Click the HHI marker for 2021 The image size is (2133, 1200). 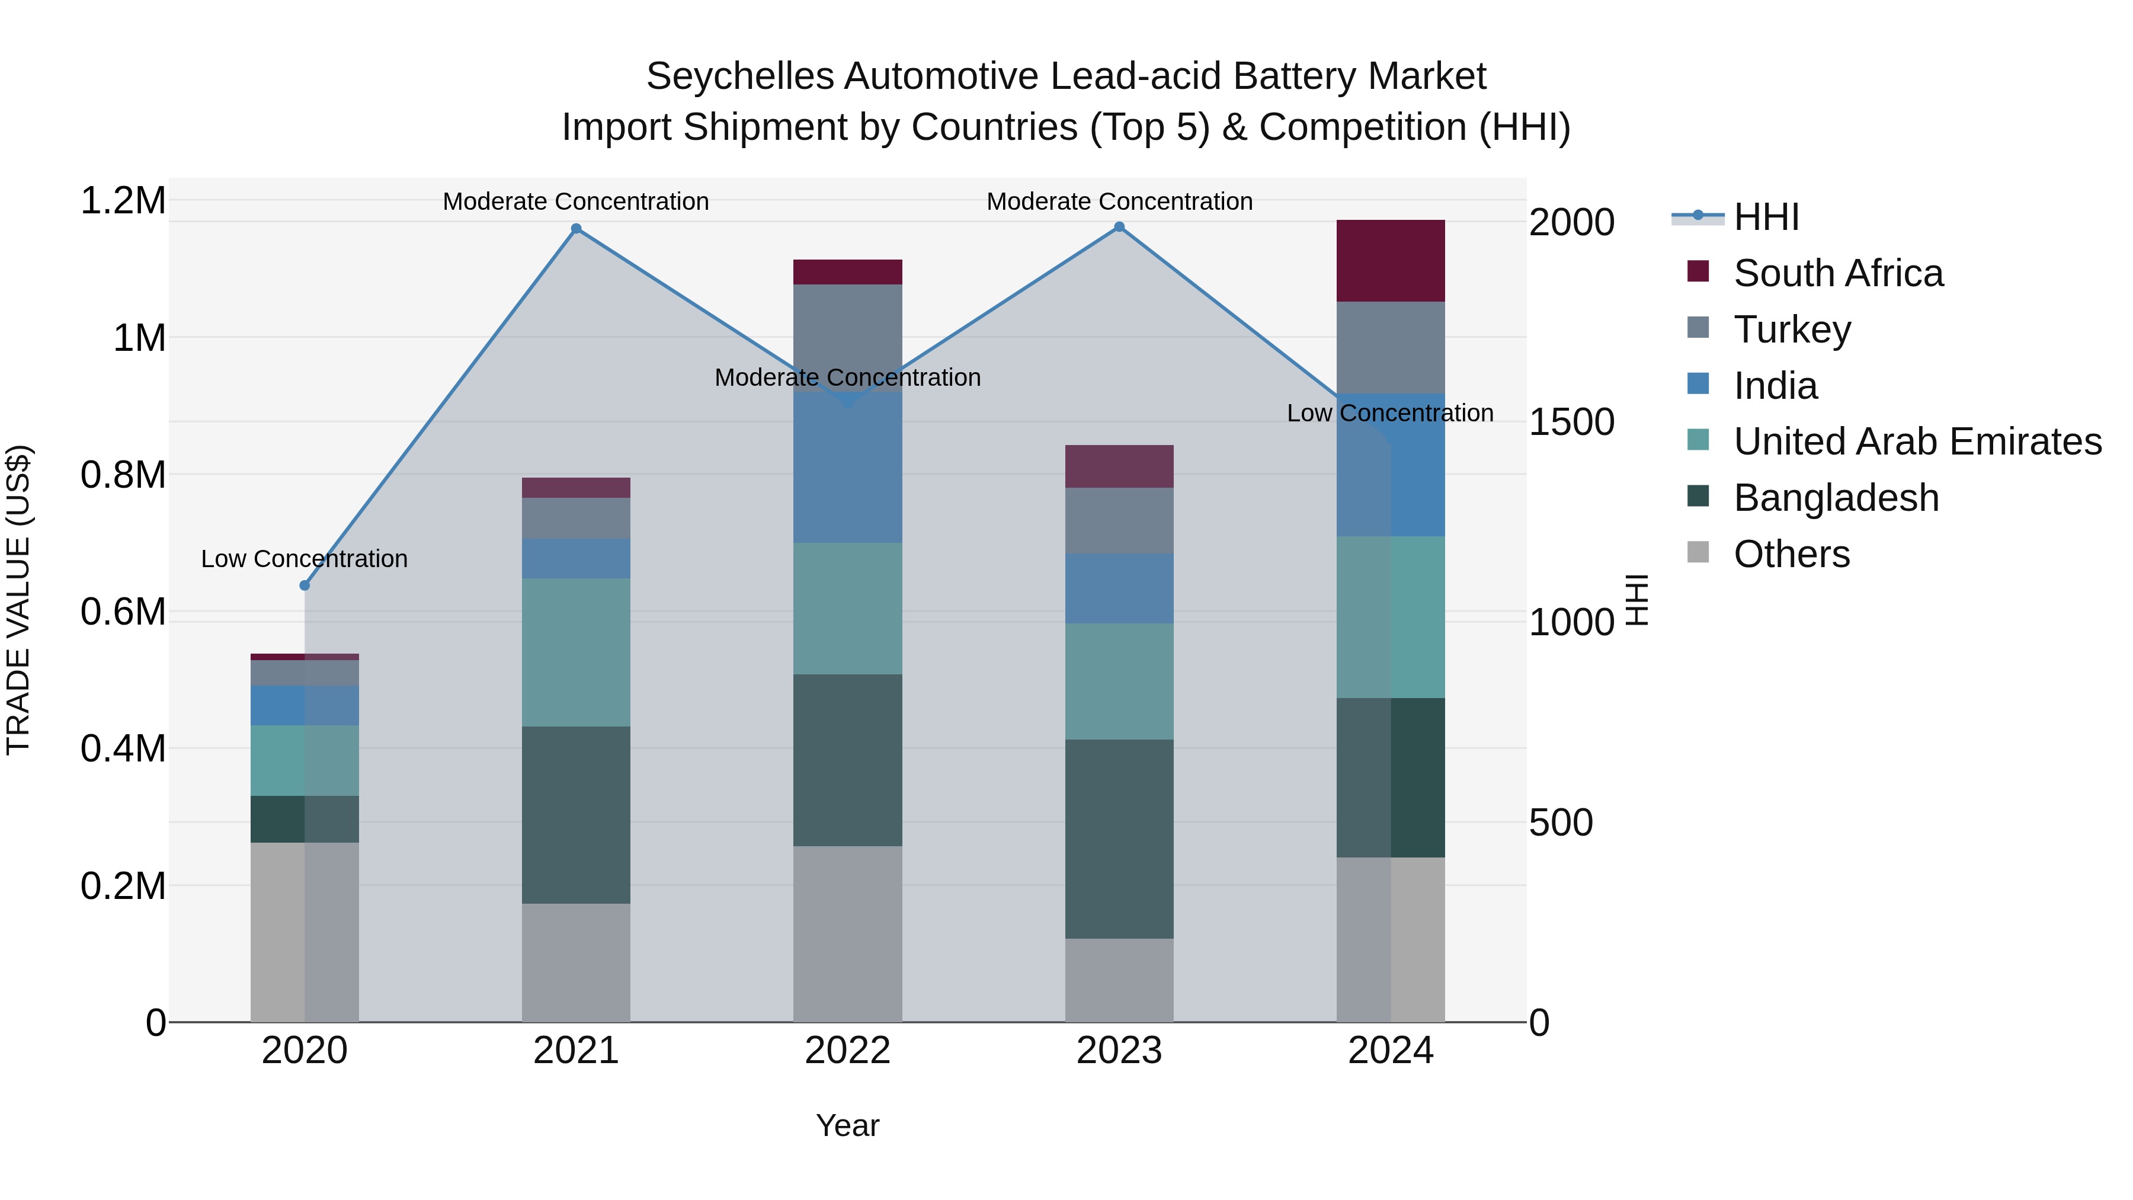point(577,229)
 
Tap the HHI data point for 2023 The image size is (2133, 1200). point(1119,227)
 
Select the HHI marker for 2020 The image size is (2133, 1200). point(305,585)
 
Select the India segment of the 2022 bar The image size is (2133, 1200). point(847,469)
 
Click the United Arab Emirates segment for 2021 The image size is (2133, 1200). point(577,652)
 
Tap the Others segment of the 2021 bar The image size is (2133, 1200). point(577,962)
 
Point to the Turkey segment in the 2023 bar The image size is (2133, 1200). point(1119,520)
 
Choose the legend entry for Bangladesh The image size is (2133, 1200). point(1836,498)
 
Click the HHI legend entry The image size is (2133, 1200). point(1766,217)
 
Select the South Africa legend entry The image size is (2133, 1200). point(1837,273)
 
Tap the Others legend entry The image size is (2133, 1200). point(1791,554)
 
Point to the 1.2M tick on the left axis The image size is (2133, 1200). point(123,201)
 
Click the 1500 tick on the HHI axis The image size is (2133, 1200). point(1571,423)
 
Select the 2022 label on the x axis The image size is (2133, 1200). point(847,1050)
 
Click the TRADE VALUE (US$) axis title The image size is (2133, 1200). point(18,600)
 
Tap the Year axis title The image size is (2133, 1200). point(847,1125)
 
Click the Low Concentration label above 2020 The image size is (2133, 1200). point(305,559)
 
